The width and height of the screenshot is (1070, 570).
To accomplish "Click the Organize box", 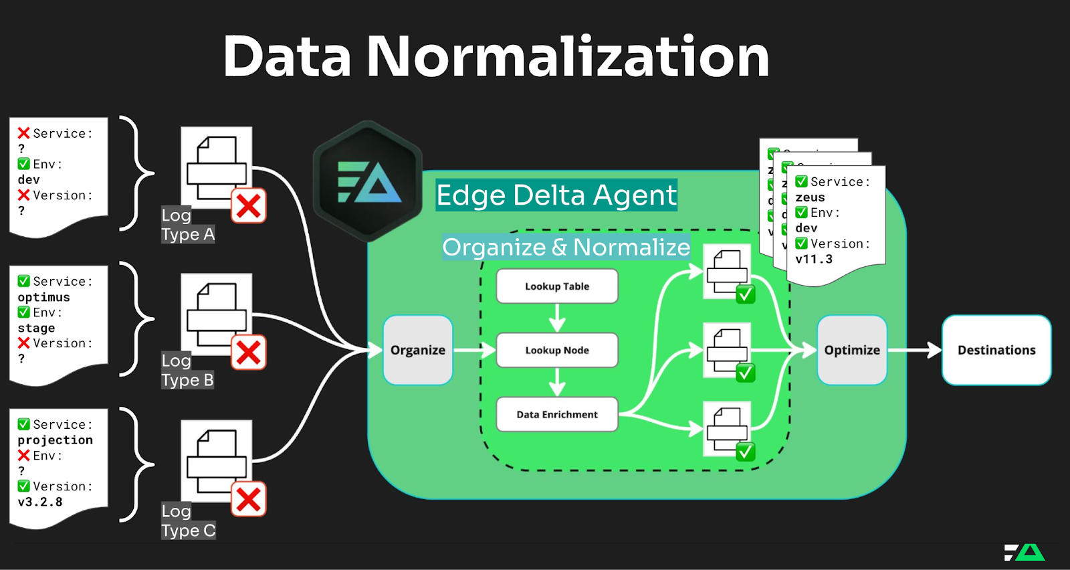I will [418, 350].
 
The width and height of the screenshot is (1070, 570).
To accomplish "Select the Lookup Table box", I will [557, 286].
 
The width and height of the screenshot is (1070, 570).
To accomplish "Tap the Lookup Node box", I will [557, 350].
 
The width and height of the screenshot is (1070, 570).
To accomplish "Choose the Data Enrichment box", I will [557, 414].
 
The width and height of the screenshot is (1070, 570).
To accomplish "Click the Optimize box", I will [852, 350].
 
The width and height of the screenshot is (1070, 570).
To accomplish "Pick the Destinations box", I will [996, 350].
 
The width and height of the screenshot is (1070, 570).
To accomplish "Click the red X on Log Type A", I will [249, 206].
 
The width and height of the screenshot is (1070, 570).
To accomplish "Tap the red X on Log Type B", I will [249, 353].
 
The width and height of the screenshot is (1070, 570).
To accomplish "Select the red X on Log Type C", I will [249, 499].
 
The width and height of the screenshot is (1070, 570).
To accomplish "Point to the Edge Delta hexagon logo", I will [368, 181].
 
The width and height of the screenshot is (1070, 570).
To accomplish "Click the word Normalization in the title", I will [568, 57].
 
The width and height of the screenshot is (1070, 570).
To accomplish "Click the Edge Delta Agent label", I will [556, 195].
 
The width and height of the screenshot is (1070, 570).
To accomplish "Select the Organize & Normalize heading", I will [566, 248].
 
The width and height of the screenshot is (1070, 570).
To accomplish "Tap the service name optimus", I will [43, 297].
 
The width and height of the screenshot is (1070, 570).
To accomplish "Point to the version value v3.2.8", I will [40, 502].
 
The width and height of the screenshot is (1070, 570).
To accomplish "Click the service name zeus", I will [810, 197].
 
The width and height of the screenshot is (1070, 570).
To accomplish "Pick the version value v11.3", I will [814, 259].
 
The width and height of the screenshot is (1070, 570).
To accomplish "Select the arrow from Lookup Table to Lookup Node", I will [557, 318].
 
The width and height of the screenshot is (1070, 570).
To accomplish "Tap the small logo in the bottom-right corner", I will [1025, 552].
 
